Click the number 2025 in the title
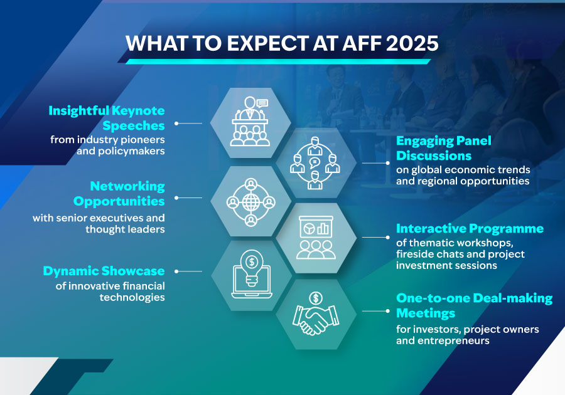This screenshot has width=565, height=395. (x=412, y=43)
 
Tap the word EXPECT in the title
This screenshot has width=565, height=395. (x=267, y=43)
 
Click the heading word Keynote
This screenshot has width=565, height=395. (x=138, y=110)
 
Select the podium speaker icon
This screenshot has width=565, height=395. (x=250, y=121)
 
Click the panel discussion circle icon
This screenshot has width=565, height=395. (x=315, y=163)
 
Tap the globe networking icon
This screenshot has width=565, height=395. (x=250, y=202)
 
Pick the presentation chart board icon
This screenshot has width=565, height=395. (x=316, y=238)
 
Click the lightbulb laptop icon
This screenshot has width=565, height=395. (x=252, y=274)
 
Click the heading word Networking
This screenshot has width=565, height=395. (x=127, y=186)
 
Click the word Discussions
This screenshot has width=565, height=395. (x=434, y=155)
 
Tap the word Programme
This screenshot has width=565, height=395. (x=506, y=229)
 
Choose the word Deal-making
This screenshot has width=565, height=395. (x=512, y=298)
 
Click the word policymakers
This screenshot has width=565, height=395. (x=121, y=151)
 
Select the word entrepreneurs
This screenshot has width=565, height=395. (x=453, y=340)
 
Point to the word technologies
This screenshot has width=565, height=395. (x=132, y=298)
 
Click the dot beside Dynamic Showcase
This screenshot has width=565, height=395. (x=176, y=271)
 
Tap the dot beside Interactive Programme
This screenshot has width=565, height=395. (x=388, y=238)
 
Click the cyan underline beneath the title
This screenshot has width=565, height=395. (x=278, y=62)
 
